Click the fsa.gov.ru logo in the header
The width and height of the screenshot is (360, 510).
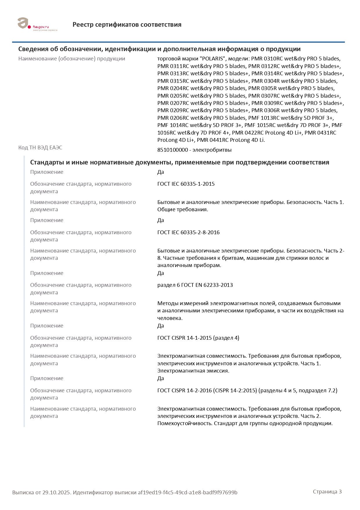(x=37, y=24)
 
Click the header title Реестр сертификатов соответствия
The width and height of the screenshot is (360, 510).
(x=127, y=25)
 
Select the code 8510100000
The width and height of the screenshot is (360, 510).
(x=172, y=150)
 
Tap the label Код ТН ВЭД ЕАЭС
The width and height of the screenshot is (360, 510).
(x=40, y=148)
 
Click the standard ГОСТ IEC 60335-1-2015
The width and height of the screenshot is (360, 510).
(x=186, y=184)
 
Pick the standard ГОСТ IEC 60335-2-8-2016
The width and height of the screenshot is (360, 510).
(x=188, y=232)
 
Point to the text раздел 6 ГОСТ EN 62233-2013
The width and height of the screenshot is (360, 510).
(x=195, y=285)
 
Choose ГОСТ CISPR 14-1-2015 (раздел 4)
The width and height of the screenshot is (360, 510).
(x=198, y=338)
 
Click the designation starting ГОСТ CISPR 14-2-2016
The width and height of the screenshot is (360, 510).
(x=247, y=391)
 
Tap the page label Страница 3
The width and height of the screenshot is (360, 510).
(x=327, y=492)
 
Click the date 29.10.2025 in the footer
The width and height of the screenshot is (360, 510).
(x=56, y=493)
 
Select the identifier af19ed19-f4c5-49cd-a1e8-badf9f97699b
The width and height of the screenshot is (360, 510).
(x=188, y=493)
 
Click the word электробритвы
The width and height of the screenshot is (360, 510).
(x=212, y=150)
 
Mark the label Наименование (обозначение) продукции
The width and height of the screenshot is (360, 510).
(x=72, y=59)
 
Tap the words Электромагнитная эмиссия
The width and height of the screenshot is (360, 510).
(x=193, y=371)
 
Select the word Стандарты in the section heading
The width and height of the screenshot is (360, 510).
(x=47, y=162)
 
